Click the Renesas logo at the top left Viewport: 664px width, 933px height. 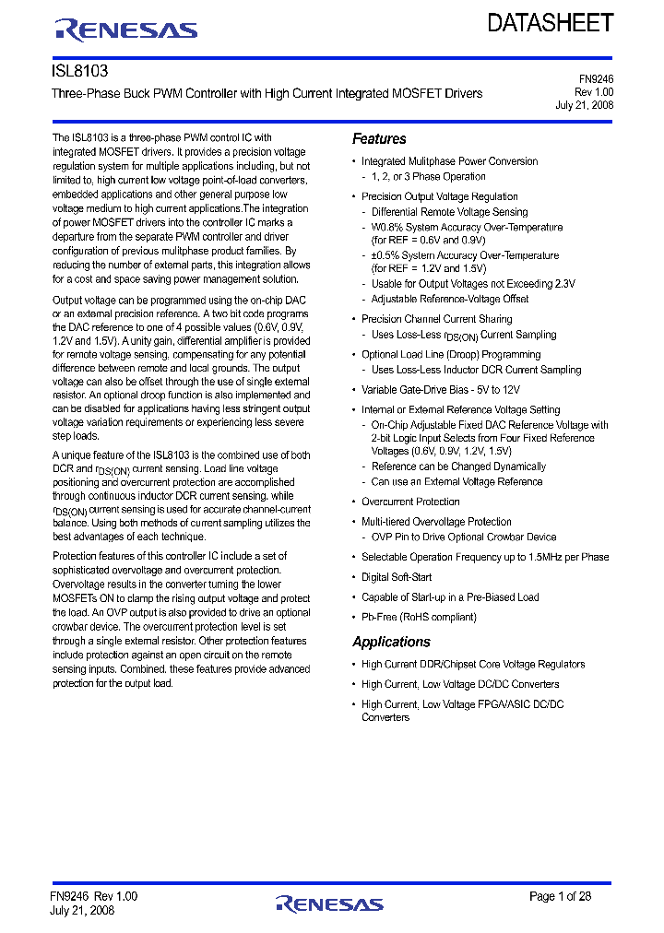(x=126, y=30)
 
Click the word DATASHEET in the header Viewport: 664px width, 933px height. (x=550, y=23)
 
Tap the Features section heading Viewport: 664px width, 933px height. (x=379, y=139)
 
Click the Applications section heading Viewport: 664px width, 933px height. (x=391, y=643)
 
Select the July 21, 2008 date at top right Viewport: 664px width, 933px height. (x=584, y=106)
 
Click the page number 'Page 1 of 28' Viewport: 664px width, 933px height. (x=560, y=896)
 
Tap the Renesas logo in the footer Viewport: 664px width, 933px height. (x=329, y=903)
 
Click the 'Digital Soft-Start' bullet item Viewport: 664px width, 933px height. (x=397, y=577)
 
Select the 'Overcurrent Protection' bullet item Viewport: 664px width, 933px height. (x=410, y=502)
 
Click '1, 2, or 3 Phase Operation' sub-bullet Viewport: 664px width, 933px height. (x=429, y=176)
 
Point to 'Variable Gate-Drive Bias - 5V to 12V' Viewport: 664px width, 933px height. (x=441, y=390)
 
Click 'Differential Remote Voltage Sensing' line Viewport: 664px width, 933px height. (x=449, y=212)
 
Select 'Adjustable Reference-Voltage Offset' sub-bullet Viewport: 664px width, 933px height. (x=450, y=299)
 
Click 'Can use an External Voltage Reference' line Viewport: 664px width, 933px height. (x=456, y=481)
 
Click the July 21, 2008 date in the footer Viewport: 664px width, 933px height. (x=82, y=910)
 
